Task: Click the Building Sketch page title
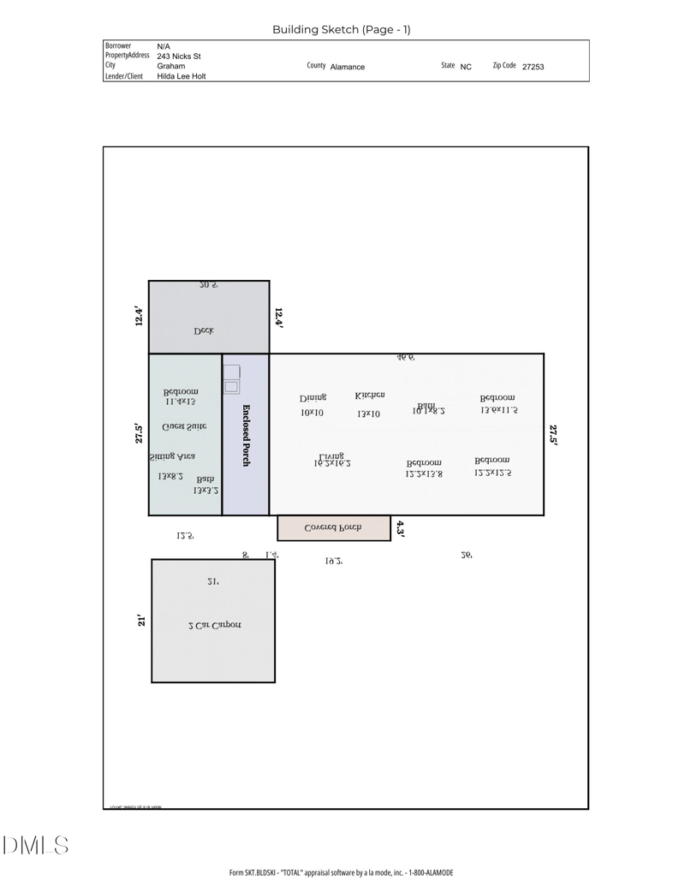[x=341, y=29]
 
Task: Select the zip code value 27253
[x=533, y=67]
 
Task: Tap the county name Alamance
[x=347, y=67]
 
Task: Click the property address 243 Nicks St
[x=179, y=56]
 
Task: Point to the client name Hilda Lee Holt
[x=181, y=76]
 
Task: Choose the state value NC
[x=466, y=67]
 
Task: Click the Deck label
[x=204, y=330]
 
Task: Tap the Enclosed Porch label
[x=246, y=435]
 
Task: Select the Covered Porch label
[x=333, y=528]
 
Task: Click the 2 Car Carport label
[x=214, y=625]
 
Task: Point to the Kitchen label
[x=370, y=395]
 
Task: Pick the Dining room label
[x=313, y=398]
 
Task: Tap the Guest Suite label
[x=184, y=426]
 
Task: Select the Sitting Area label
[x=172, y=457]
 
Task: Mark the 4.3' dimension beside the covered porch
[x=400, y=529]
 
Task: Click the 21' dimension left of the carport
[x=141, y=621]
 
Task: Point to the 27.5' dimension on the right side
[x=553, y=435]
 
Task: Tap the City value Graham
[x=170, y=66]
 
